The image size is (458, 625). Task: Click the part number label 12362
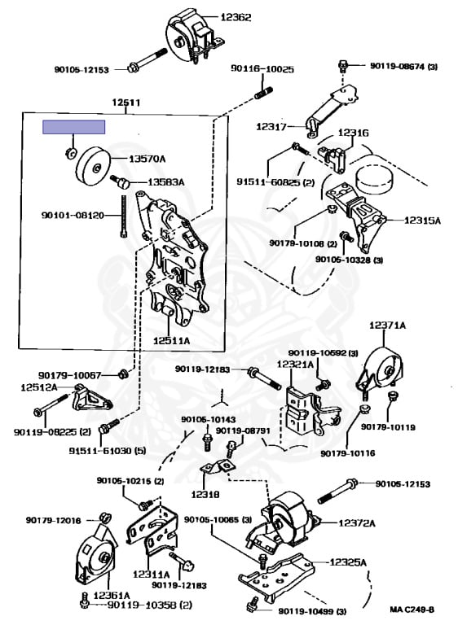[236, 18]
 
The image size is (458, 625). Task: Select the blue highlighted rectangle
[74, 127]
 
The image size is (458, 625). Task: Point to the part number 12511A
[172, 341]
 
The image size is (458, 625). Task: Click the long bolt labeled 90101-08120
[124, 216]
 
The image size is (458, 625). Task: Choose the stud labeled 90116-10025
[262, 93]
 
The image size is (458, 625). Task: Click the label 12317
[271, 127]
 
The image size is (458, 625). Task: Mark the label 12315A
[422, 221]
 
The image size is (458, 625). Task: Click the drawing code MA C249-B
[412, 610]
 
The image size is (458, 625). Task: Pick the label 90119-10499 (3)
[312, 611]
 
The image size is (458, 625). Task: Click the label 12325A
[348, 562]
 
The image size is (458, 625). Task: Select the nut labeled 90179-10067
[123, 374]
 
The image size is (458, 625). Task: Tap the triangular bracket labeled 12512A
[90, 401]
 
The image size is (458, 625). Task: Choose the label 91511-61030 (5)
[108, 451]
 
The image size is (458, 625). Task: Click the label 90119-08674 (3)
[403, 66]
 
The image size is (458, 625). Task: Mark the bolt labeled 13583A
[120, 182]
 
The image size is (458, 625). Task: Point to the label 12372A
[357, 523]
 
